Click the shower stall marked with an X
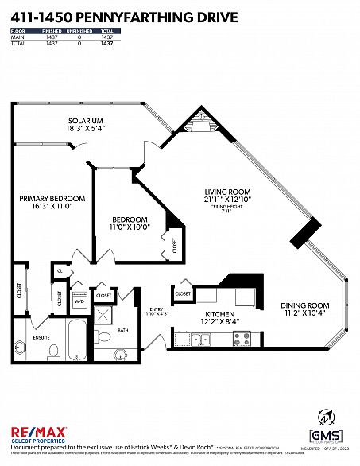click(x=104, y=315)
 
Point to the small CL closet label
click(x=60, y=271)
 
